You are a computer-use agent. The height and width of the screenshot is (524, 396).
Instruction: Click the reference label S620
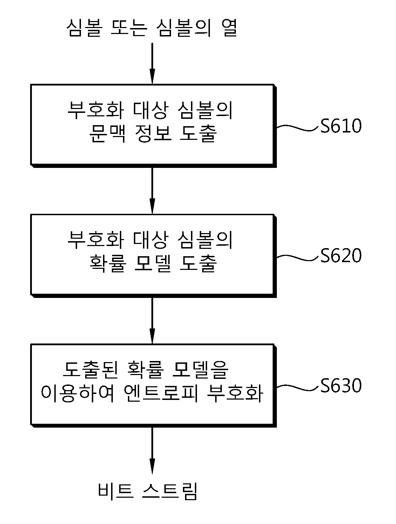tap(341, 255)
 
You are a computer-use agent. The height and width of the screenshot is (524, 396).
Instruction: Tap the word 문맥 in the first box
tap(107, 133)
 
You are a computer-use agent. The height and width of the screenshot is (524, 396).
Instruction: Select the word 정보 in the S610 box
tap(153, 133)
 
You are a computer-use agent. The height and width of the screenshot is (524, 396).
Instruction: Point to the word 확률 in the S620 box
tap(107, 263)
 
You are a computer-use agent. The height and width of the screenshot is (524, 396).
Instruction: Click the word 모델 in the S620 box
tap(153, 263)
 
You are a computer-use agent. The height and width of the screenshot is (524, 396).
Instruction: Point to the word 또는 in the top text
tap(129, 28)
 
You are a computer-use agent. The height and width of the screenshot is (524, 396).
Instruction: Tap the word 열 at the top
tap(229, 28)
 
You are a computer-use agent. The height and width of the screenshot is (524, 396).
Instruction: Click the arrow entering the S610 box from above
tap(152, 63)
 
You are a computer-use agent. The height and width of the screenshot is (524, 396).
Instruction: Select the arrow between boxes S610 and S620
tap(152, 191)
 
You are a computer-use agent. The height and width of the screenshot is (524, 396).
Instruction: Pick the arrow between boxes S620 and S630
tap(152, 321)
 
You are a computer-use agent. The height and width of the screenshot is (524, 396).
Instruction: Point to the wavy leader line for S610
tap(298, 128)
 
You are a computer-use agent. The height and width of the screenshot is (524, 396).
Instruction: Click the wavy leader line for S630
tap(298, 387)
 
